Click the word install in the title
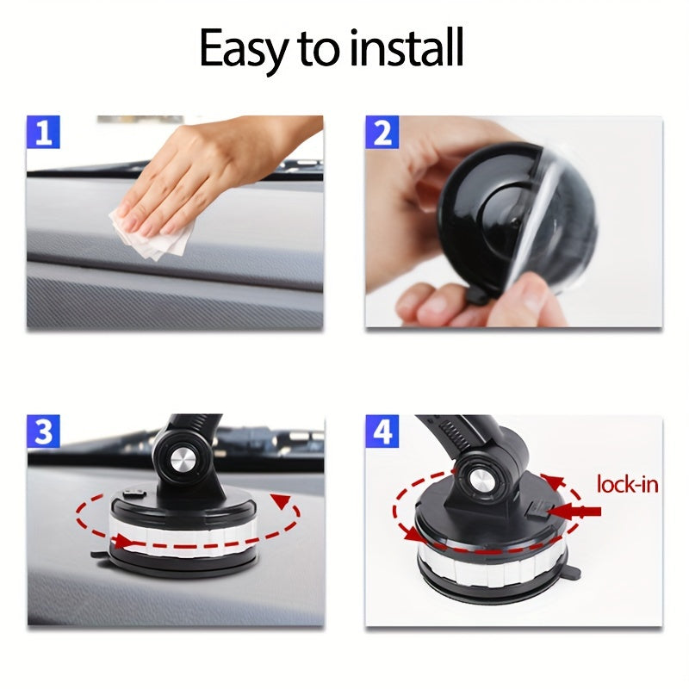[x=407, y=49]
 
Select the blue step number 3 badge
[x=43, y=432]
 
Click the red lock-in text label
[x=627, y=484]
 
